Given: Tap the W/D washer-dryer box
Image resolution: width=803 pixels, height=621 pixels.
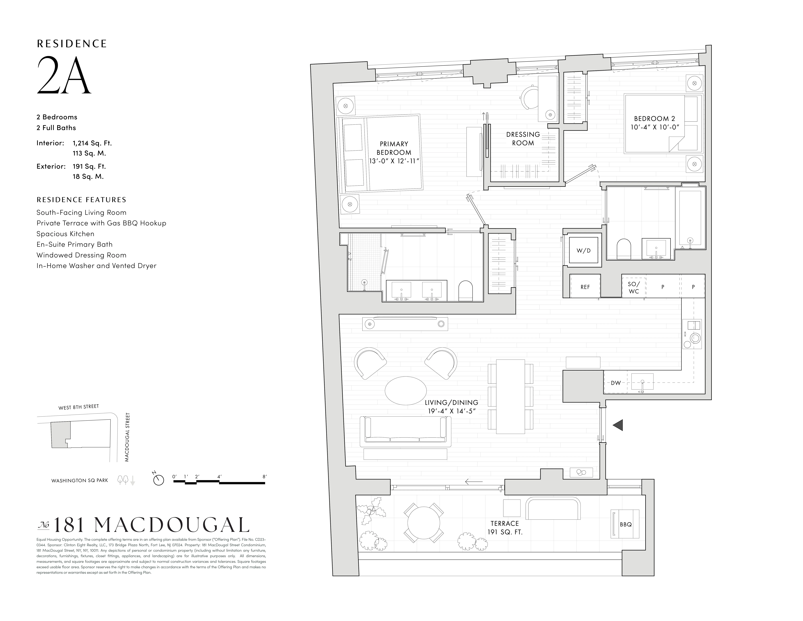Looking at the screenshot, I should [584, 251].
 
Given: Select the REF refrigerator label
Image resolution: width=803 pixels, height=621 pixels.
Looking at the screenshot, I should [585, 287].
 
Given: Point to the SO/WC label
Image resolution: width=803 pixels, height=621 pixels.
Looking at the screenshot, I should [634, 288].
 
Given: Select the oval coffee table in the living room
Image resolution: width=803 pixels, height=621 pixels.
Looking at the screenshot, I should [406, 391].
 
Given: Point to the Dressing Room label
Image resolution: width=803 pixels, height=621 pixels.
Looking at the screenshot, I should [523, 139].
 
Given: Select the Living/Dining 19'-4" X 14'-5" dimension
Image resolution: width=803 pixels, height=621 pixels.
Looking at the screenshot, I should [452, 411].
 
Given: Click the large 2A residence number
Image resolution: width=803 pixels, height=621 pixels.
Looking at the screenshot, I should [64, 75].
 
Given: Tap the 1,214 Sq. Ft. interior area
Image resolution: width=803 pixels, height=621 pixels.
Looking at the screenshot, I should [92, 143].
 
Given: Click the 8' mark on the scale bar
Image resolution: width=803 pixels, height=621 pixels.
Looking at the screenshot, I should [264, 476].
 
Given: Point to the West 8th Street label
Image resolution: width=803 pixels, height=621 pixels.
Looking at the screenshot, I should [78, 407].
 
